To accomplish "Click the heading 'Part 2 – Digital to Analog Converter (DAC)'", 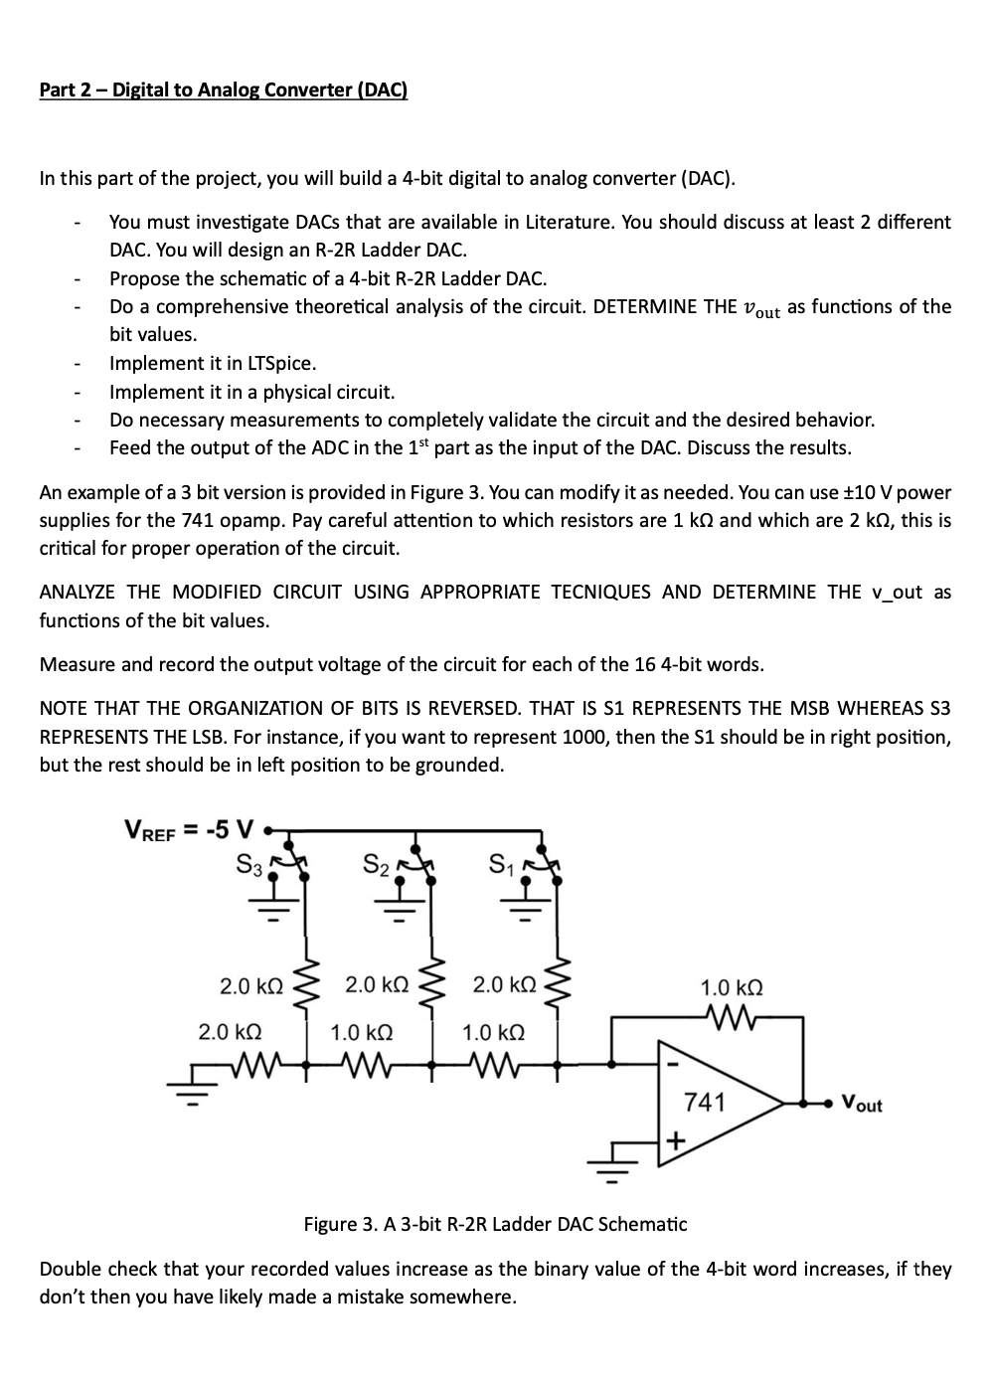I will [x=223, y=90].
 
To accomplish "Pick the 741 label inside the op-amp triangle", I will [x=705, y=1102].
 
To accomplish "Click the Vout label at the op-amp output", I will [x=861, y=1104].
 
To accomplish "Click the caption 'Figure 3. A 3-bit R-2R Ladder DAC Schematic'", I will [x=495, y=1223].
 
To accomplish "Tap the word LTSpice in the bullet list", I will [x=281, y=363].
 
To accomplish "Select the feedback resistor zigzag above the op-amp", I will [x=732, y=1016].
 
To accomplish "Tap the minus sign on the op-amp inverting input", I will [x=672, y=1063].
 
